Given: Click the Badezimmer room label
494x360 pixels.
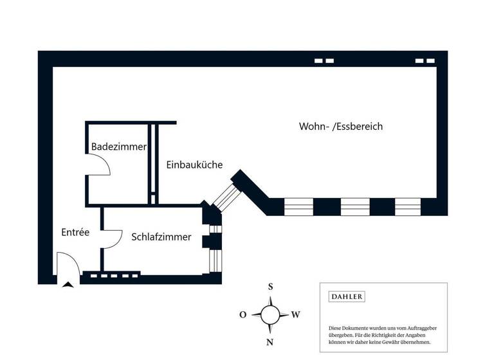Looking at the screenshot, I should [119, 147].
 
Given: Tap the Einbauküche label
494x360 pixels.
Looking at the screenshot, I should [194, 165].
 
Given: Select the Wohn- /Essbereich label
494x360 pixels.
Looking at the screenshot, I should [341, 127].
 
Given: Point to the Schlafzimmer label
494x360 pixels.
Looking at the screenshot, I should [161, 237].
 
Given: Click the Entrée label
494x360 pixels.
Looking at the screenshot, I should [75, 232].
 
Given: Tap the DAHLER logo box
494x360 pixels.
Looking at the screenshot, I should [347, 297].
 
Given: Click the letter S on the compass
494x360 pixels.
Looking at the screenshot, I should [271, 287].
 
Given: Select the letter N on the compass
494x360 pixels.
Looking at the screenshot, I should [270, 342].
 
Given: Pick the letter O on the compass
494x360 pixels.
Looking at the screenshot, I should [243, 315].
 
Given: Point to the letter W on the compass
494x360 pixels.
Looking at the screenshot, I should [296, 315].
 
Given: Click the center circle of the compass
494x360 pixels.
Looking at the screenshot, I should [270, 315].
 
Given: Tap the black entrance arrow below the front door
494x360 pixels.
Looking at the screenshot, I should [68, 284].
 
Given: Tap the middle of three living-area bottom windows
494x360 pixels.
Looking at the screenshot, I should [355, 206].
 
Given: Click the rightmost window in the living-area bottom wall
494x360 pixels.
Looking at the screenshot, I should [408, 206].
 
